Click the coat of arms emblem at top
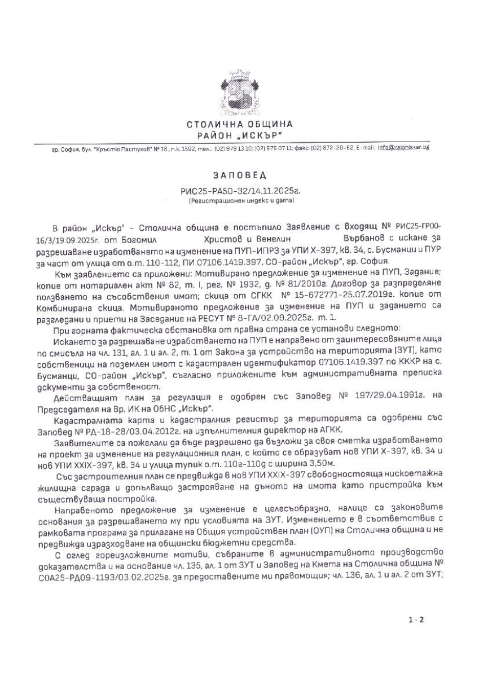point(239,93)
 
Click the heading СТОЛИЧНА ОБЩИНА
point(240,124)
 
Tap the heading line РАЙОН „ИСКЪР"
point(240,135)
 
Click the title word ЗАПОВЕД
point(240,177)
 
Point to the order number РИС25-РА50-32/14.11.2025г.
point(239,192)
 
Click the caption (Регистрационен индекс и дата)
point(240,200)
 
